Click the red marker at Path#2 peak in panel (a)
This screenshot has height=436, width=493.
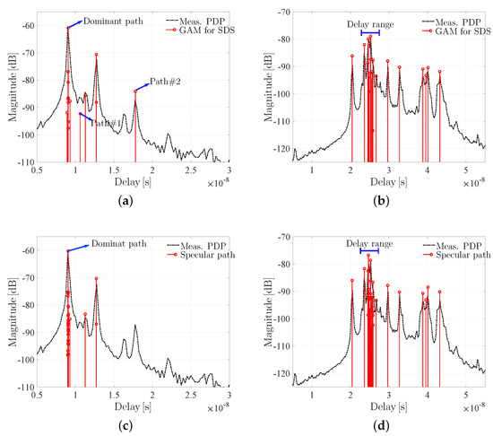point(135,91)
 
